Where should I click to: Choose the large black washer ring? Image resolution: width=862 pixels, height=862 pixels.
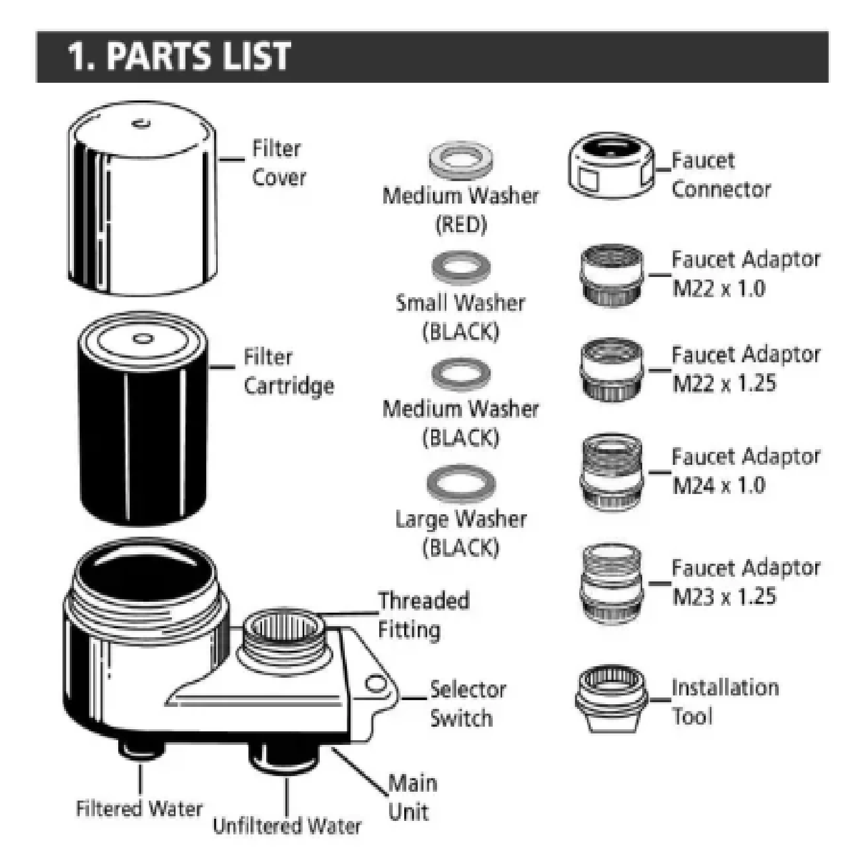(x=461, y=483)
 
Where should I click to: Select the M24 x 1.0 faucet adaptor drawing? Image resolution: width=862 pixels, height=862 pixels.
(x=611, y=473)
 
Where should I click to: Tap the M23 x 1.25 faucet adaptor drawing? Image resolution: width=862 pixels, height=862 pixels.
(x=610, y=584)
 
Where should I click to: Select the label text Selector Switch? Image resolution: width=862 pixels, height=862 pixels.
(x=467, y=704)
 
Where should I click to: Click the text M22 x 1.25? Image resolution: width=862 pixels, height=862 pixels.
(x=724, y=383)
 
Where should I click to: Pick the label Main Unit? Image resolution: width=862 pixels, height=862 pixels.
(x=411, y=797)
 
